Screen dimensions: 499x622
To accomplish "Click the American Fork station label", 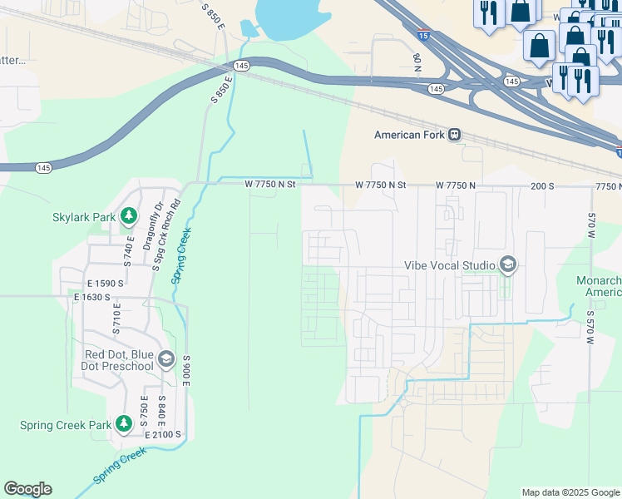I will coord(410,135).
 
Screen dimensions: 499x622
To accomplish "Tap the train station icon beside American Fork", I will coord(455,135).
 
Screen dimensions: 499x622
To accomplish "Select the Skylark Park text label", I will coord(83,217).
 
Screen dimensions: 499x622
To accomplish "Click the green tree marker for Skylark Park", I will coord(128,217).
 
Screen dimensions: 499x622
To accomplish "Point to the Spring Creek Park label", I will coord(66,425).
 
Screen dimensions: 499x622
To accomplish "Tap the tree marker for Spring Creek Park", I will coord(124,424).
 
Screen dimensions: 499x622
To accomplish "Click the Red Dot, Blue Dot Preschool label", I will coord(120,360).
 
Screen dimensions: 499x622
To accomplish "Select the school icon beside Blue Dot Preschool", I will coord(165,359).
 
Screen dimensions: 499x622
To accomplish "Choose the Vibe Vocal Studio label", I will coord(449,265).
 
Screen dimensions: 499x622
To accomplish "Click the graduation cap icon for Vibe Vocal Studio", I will coord(507,265).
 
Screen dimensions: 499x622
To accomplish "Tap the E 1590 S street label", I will coord(97,284).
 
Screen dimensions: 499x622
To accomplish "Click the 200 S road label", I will coord(542,185).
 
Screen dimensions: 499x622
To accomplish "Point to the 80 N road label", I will coord(417,60).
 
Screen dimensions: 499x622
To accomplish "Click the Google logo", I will coord(27,489).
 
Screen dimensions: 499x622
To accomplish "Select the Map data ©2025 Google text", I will coord(570,492).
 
